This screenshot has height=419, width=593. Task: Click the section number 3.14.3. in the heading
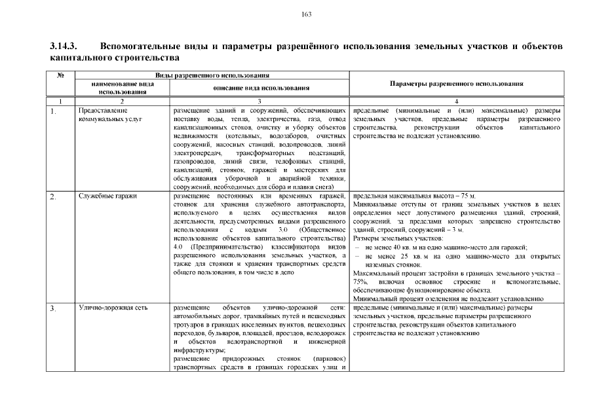click(64, 48)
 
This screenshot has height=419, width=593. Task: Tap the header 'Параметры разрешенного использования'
click(456, 84)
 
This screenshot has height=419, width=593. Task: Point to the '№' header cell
click(60, 76)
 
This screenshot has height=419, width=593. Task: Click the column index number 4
click(456, 101)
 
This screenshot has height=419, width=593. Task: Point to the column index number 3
click(259, 101)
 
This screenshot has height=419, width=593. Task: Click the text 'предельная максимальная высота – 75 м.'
click(414, 196)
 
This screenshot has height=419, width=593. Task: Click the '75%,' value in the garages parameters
click(360, 282)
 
